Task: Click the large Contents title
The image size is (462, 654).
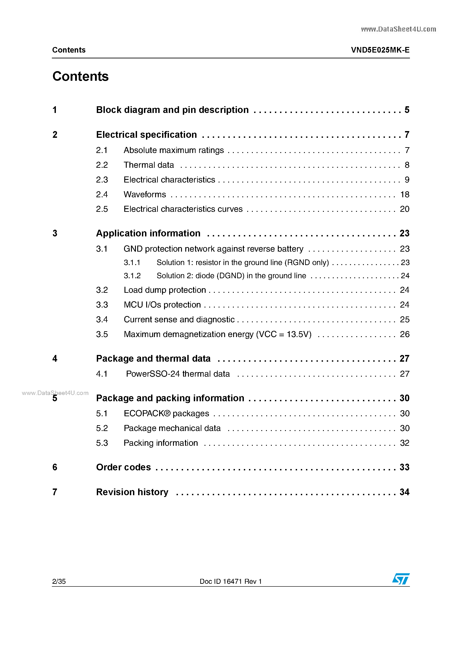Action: point(80,76)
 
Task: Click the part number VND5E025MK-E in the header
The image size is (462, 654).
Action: point(380,50)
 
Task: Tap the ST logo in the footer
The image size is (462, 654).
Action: point(401,579)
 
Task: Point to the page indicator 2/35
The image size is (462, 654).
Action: point(59,581)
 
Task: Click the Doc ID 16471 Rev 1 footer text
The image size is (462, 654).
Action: point(231,581)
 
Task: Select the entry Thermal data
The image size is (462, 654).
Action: point(149,165)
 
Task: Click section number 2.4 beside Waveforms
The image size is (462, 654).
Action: point(102,195)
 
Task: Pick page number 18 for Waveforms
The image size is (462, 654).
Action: point(405,195)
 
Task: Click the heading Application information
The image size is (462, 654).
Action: point(148,233)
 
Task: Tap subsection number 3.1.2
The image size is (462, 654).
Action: point(132,276)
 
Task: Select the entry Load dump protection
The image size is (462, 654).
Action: point(165,290)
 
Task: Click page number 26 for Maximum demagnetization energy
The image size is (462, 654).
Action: point(405,334)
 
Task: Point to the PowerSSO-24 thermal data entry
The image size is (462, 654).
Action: point(178,374)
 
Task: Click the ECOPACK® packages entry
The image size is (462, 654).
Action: point(166,413)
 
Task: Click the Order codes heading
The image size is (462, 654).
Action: point(123,467)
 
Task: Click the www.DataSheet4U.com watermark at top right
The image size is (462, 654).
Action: point(398,29)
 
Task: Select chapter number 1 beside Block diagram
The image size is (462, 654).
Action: point(55,110)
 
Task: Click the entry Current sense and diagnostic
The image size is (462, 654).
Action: point(179,320)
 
